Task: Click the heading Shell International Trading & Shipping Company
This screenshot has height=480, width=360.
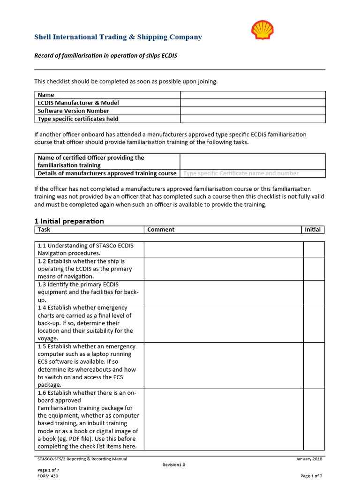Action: click(x=118, y=37)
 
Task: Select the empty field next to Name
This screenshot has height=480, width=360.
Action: click(x=253, y=95)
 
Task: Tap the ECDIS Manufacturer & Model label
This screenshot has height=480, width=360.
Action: click(x=78, y=103)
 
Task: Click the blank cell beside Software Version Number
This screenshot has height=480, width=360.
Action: click(x=253, y=111)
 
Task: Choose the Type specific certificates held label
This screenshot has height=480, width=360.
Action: click(x=78, y=119)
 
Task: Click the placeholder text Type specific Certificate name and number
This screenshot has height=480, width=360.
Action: click(x=240, y=173)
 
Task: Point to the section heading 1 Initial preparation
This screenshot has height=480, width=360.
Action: click(x=69, y=221)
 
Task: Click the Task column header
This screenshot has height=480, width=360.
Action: click(x=44, y=230)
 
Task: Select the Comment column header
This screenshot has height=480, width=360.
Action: click(x=161, y=230)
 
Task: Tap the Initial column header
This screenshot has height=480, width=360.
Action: click(x=313, y=230)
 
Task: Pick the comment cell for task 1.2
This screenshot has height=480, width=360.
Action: click(x=223, y=269)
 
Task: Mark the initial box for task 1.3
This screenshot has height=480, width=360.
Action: click(x=314, y=292)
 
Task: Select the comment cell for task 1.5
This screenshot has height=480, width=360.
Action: click(x=223, y=366)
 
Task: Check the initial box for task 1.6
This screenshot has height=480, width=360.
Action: click(x=314, y=420)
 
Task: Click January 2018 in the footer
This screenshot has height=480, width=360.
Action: click(x=309, y=459)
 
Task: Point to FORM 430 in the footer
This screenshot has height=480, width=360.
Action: click(x=48, y=476)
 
